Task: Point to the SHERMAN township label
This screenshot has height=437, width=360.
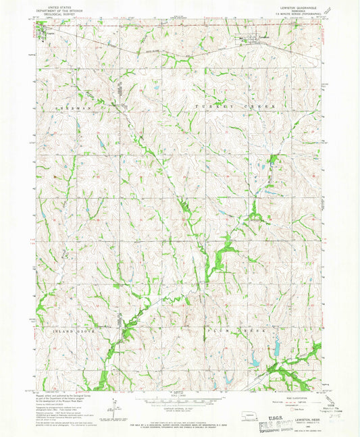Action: point(70,107)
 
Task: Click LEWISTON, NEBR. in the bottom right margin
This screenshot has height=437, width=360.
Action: point(300,419)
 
